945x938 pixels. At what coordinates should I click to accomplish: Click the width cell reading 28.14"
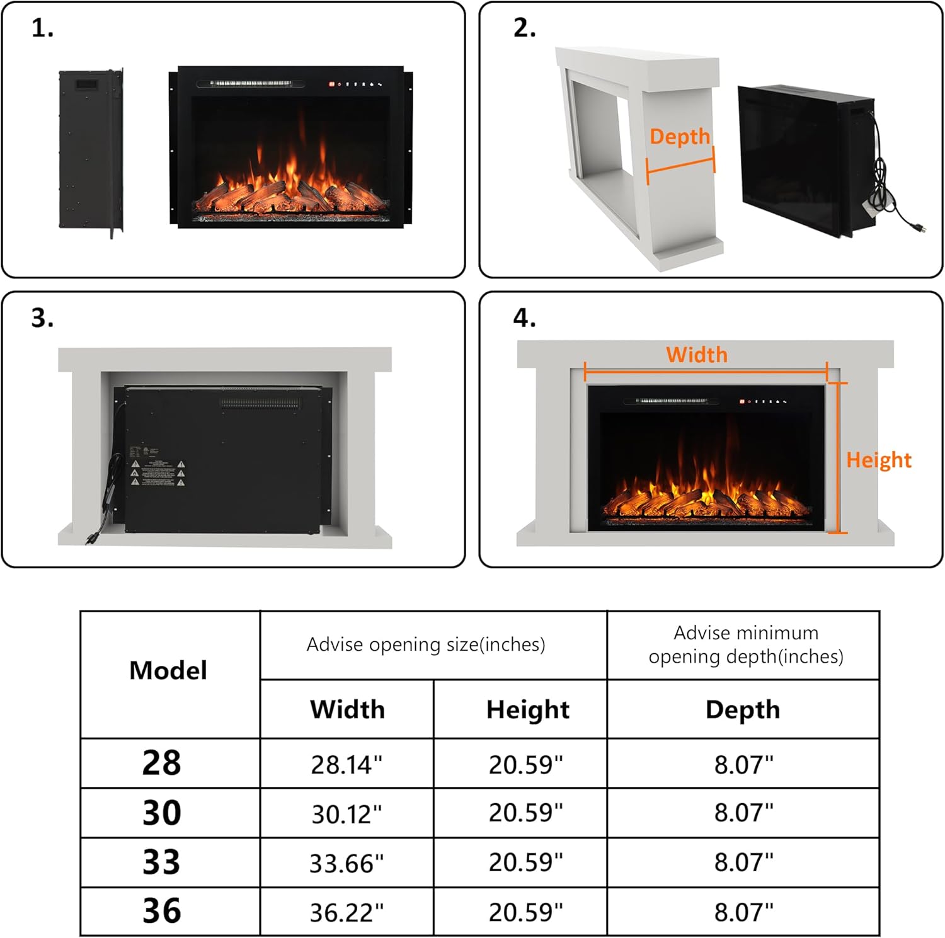(346, 764)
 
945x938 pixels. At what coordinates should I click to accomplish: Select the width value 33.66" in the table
(346, 863)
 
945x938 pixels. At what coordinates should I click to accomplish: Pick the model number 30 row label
(162, 813)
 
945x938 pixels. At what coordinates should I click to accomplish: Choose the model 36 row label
(162, 911)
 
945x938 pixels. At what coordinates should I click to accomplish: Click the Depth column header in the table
(743, 710)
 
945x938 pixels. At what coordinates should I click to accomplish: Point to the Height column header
(527, 710)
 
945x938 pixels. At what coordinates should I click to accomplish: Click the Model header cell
(168, 671)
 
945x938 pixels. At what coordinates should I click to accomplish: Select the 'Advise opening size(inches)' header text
(426, 644)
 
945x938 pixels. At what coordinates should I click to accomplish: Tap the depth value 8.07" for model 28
(743, 764)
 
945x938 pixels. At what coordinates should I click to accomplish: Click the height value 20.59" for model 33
(525, 862)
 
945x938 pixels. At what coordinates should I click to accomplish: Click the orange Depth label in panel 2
(679, 137)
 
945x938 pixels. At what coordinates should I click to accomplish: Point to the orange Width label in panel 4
(697, 355)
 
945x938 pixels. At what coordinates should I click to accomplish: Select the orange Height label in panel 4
(878, 460)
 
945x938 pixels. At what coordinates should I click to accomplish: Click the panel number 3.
(42, 318)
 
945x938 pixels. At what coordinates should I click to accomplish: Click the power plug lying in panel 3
(91, 539)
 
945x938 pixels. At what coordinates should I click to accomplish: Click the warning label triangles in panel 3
(157, 472)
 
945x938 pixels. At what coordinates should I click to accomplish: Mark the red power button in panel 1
(331, 84)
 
